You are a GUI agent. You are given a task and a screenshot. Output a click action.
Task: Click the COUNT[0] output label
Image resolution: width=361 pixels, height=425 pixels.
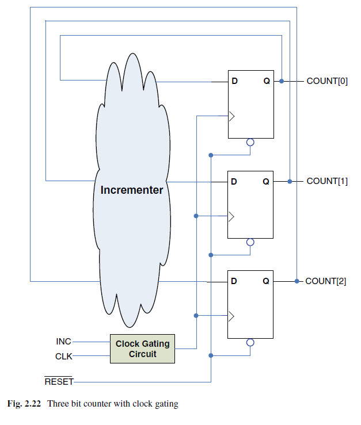(327, 81)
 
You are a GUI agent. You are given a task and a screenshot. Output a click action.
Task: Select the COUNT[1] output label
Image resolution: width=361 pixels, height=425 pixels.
(327, 181)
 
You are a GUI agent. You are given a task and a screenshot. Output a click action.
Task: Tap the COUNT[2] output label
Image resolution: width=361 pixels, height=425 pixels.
(326, 281)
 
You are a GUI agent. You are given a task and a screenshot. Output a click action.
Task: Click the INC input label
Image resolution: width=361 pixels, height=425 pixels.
(63, 342)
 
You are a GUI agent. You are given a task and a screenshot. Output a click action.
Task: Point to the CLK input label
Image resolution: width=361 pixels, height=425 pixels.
(63, 357)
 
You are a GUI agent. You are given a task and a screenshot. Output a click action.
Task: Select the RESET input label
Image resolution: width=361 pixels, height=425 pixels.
(59, 381)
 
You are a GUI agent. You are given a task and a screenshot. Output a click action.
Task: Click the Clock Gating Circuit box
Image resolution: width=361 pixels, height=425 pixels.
(142, 349)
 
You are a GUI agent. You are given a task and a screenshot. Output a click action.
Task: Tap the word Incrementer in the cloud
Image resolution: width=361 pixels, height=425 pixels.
(132, 190)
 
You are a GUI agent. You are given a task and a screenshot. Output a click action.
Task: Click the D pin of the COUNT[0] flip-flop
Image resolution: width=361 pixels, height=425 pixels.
(234, 81)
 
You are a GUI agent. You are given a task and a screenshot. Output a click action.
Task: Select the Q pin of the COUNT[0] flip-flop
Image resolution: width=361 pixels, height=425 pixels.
(266, 81)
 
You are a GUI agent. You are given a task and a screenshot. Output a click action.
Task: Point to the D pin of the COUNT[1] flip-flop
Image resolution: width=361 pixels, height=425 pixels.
(234, 181)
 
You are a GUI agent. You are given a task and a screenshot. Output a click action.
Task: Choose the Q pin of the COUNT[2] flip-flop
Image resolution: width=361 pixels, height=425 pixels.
(266, 281)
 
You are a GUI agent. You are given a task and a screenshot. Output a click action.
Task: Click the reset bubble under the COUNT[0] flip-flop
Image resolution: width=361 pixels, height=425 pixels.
(250, 143)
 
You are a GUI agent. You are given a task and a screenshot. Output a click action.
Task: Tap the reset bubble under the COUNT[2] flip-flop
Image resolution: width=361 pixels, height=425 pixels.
(250, 343)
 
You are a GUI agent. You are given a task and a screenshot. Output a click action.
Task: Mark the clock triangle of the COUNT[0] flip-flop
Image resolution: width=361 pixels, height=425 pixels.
(232, 116)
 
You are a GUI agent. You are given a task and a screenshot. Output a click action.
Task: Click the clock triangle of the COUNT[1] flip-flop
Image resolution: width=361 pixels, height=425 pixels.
(232, 216)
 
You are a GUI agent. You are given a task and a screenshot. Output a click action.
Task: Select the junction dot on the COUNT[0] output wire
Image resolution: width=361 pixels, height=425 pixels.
(281, 81)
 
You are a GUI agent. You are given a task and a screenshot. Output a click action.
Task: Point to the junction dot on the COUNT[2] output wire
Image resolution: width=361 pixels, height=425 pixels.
(297, 281)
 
